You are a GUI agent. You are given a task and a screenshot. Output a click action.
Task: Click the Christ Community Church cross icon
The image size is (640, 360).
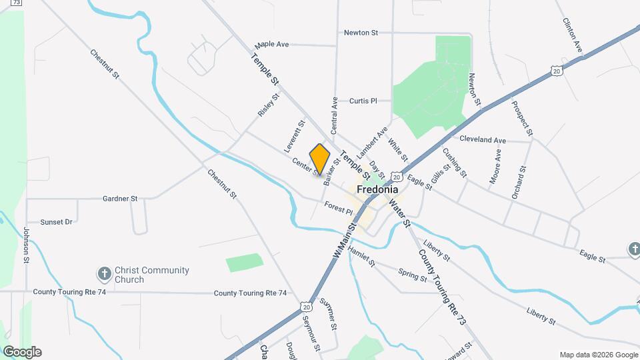(104, 274)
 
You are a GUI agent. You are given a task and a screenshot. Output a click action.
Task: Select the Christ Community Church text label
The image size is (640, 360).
(152, 275)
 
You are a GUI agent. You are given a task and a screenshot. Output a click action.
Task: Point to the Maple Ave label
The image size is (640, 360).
(272, 45)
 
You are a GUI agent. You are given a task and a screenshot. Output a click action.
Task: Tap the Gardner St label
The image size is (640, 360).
(120, 199)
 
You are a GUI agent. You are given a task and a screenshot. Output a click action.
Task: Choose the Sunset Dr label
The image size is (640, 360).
(56, 222)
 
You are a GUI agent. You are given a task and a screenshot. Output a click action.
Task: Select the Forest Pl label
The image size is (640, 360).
(338, 208)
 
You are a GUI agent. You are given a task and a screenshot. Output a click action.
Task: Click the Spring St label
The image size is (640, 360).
(412, 274)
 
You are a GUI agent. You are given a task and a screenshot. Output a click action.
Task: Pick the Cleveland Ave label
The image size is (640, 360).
(483, 140)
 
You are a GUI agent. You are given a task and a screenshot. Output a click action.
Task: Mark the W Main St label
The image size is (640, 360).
(345, 243)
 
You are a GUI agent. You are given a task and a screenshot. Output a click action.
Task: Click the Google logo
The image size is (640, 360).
(22, 352)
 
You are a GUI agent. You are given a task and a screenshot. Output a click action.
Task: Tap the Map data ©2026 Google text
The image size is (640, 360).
(598, 355)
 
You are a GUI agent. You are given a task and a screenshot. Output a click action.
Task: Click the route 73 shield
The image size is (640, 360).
(17, 3)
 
